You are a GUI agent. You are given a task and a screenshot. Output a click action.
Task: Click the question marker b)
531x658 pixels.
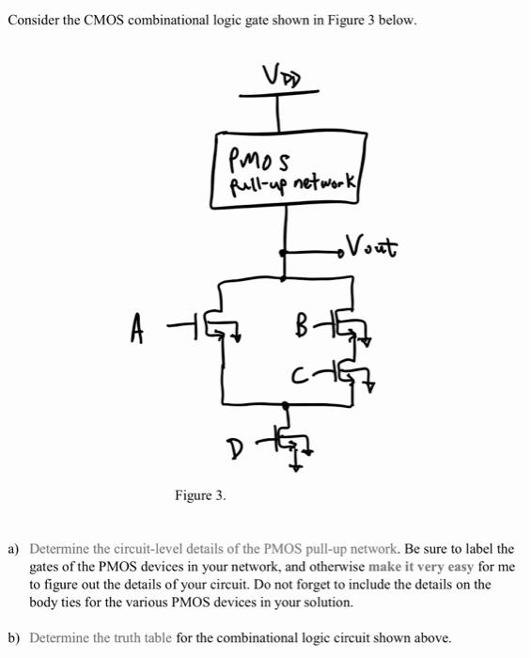click(14, 637)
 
